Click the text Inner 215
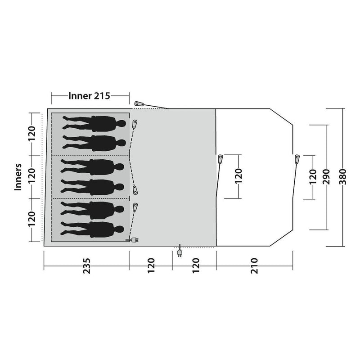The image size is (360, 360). (x=89, y=96)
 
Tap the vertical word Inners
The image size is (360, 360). (x=18, y=177)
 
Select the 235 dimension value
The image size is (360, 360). (x=87, y=266)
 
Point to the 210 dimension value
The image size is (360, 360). (x=254, y=266)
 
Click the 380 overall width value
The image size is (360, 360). (x=342, y=177)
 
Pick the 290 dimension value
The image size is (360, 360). (x=326, y=177)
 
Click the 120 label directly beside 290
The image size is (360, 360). (x=313, y=177)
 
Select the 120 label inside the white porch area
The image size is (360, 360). (x=239, y=176)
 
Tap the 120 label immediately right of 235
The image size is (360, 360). (x=151, y=266)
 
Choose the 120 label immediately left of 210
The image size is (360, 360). (x=196, y=266)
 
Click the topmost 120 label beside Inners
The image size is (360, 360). (x=31, y=134)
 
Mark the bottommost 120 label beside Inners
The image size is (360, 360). (x=31, y=219)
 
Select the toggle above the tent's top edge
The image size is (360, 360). (x=139, y=103)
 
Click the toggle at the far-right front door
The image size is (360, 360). (x=297, y=159)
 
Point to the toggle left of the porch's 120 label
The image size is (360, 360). (x=220, y=159)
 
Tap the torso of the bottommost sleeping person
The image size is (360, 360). (x=102, y=229)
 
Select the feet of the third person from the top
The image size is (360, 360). (x=64, y=166)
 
